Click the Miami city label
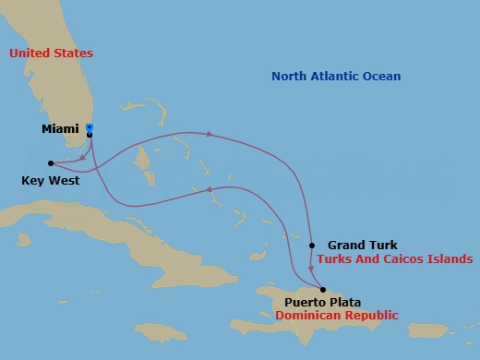click(x=61, y=129)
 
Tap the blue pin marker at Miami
click(x=90, y=128)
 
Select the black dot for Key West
click(x=50, y=163)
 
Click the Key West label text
click(x=50, y=181)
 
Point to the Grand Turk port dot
click(x=312, y=245)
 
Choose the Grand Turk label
click(x=362, y=245)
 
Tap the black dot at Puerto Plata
click(x=322, y=289)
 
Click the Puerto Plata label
click(x=322, y=302)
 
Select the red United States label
click(x=51, y=54)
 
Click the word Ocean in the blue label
click(x=380, y=77)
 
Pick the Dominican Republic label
click(x=336, y=315)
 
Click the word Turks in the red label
click(x=334, y=259)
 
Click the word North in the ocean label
click(x=289, y=77)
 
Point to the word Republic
click(x=369, y=315)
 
